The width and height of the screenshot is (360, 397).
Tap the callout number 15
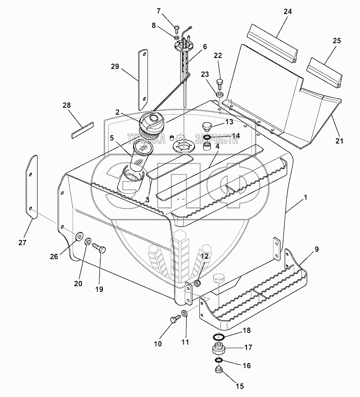[240, 386]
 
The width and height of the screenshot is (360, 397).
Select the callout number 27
[23, 243]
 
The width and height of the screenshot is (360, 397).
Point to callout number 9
[316, 249]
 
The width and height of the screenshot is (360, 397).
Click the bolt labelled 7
[177, 30]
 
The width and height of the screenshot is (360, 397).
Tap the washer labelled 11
[185, 314]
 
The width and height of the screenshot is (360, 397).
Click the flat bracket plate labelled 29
[142, 81]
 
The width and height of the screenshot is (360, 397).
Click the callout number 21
[339, 140]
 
